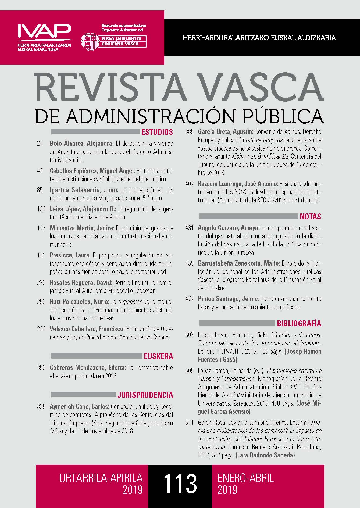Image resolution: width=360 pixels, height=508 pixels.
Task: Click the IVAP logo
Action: [x=44, y=31]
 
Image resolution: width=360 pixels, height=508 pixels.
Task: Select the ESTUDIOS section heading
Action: [x=157, y=132]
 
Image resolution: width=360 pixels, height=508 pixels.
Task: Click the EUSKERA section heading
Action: [x=158, y=356]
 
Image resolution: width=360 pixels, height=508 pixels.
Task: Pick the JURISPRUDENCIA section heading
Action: [x=145, y=395]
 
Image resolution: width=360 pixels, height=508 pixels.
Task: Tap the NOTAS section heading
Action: [x=310, y=216]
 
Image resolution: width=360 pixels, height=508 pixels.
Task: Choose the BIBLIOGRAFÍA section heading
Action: [x=299, y=323]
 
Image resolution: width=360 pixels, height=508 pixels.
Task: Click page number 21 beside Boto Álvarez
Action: [x=40, y=143]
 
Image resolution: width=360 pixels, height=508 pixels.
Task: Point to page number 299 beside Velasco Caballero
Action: [x=41, y=329]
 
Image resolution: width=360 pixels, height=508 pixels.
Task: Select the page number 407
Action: [x=189, y=184]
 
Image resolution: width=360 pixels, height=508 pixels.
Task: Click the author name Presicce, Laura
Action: [x=70, y=255]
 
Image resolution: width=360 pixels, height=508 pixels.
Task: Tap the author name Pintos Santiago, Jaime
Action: [x=228, y=299]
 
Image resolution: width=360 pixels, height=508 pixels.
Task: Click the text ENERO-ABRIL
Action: [x=245, y=478]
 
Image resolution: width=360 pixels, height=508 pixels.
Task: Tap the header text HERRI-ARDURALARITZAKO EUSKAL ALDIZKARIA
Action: [x=259, y=38]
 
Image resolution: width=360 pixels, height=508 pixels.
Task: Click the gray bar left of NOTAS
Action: [x=249, y=216]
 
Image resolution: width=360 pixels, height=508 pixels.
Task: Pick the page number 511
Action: [x=189, y=422]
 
